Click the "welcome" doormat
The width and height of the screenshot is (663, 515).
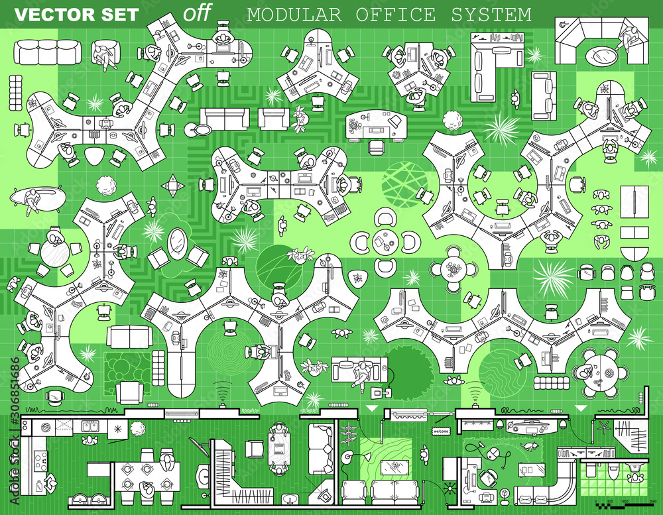[441, 431]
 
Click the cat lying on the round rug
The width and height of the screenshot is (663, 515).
[529, 447]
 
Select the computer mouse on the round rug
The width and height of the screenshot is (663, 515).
[494, 454]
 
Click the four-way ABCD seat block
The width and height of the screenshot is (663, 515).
[173, 186]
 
